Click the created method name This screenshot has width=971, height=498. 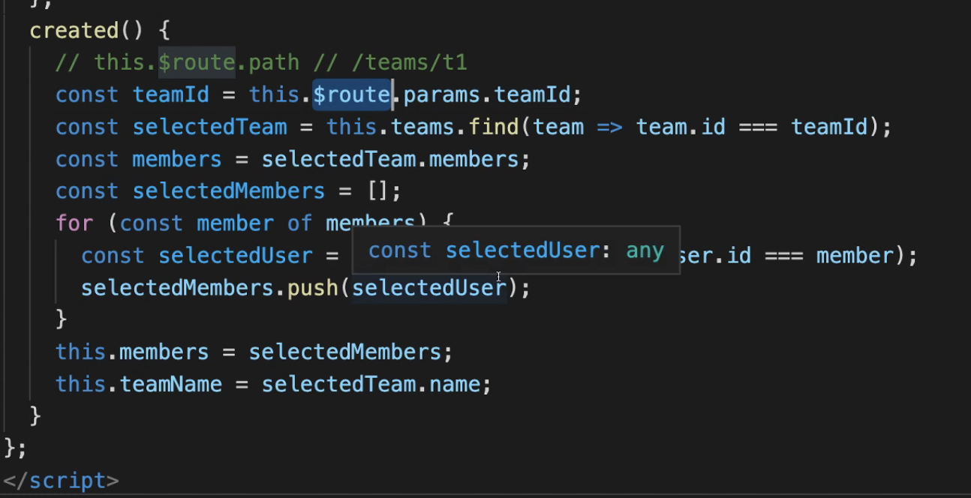coord(74,31)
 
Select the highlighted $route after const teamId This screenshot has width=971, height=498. coord(352,95)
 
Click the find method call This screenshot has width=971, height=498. coord(494,127)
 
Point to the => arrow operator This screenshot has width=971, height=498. coord(610,127)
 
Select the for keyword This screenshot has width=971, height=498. coord(74,223)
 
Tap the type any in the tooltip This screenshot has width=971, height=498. coord(645,250)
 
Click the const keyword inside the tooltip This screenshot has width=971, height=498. coord(400,250)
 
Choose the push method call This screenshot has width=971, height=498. coord(313,288)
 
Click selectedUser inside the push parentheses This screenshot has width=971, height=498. coord(428,288)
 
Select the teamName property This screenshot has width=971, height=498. coord(170,385)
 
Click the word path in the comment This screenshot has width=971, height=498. coord(274,62)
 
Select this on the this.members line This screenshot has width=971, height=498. coord(80,352)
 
